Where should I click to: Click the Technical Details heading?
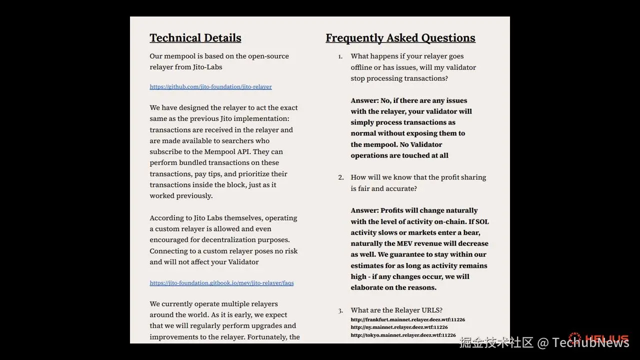click(195, 38)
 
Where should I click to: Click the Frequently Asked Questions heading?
click(400, 38)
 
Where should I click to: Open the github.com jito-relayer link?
click(210, 87)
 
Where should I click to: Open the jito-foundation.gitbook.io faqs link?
click(221, 283)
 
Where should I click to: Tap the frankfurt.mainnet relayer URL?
click(407, 319)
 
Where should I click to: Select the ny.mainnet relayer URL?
click(399, 327)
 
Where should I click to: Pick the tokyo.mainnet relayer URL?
click(403, 335)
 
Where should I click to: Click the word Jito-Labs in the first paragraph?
click(207, 67)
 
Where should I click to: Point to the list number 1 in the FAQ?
click(340, 56)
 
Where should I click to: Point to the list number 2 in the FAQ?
click(340, 177)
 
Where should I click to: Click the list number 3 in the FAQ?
click(340, 310)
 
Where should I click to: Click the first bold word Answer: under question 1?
click(364, 100)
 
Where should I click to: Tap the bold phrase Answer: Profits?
click(379, 210)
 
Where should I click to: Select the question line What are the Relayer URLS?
click(396, 310)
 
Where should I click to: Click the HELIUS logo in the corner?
click(598, 338)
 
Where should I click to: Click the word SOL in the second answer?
click(482, 221)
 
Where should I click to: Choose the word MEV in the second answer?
click(404, 243)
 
